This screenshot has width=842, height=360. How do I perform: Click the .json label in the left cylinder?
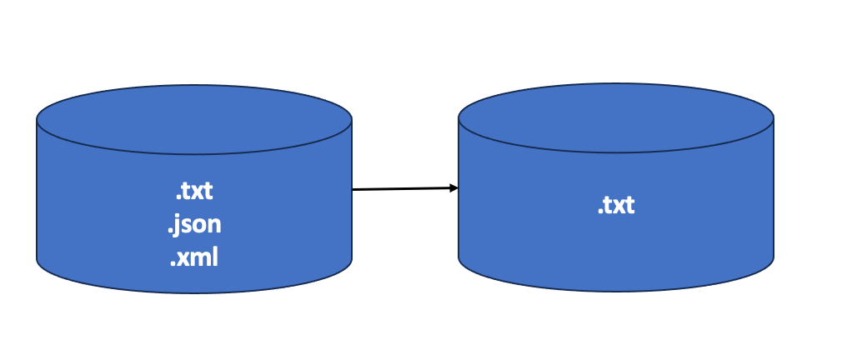[x=194, y=225]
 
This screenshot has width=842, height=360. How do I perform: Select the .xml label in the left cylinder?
[x=194, y=258]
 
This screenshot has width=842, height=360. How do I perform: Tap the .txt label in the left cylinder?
[x=194, y=192]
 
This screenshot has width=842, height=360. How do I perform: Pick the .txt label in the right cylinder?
[x=616, y=205]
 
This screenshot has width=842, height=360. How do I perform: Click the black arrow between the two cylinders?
[x=404, y=189]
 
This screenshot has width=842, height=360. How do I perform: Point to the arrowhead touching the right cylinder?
[x=454, y=188]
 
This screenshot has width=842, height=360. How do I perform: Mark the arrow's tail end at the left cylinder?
[x=354, y=190]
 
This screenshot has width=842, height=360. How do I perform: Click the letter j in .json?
[x=178, y=227]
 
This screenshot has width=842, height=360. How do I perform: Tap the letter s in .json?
[x=187, y=226]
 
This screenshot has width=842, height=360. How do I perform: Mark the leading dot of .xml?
[x=173, y=264]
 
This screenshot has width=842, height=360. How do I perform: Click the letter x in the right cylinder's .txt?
[x=616, y=207]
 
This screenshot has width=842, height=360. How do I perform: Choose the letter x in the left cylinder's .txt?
[x=195, y=193]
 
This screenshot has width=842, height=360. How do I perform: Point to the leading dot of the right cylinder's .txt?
[x=599, y=212]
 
